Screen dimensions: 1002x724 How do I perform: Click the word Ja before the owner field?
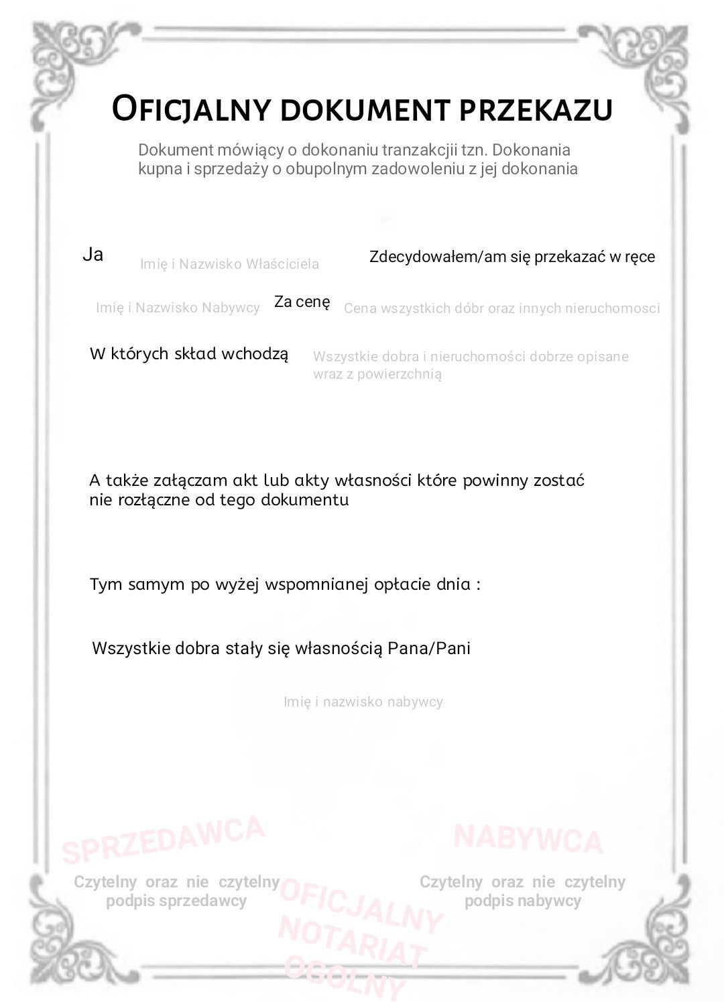coord(93,254)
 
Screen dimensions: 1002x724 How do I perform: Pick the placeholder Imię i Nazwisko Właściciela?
coord(229,264)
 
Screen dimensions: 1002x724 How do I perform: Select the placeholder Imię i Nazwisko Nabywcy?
coord(178,308)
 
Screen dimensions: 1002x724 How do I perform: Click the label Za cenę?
coord(302,302)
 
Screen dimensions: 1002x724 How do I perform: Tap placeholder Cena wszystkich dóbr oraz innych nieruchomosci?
coord(501,308)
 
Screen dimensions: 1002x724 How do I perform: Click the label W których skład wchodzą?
coord(189,354)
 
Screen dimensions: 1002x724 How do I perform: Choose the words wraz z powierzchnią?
coord(377,374)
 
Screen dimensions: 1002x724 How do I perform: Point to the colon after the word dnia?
coord(478,584)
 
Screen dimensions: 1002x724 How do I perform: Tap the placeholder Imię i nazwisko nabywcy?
coord(363,702)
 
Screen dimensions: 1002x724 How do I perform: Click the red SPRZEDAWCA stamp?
coord(164,839)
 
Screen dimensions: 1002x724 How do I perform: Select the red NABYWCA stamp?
coord(528,838)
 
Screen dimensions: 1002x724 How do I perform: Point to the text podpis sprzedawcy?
coord(176,901)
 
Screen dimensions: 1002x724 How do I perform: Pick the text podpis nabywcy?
coord(522,901)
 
